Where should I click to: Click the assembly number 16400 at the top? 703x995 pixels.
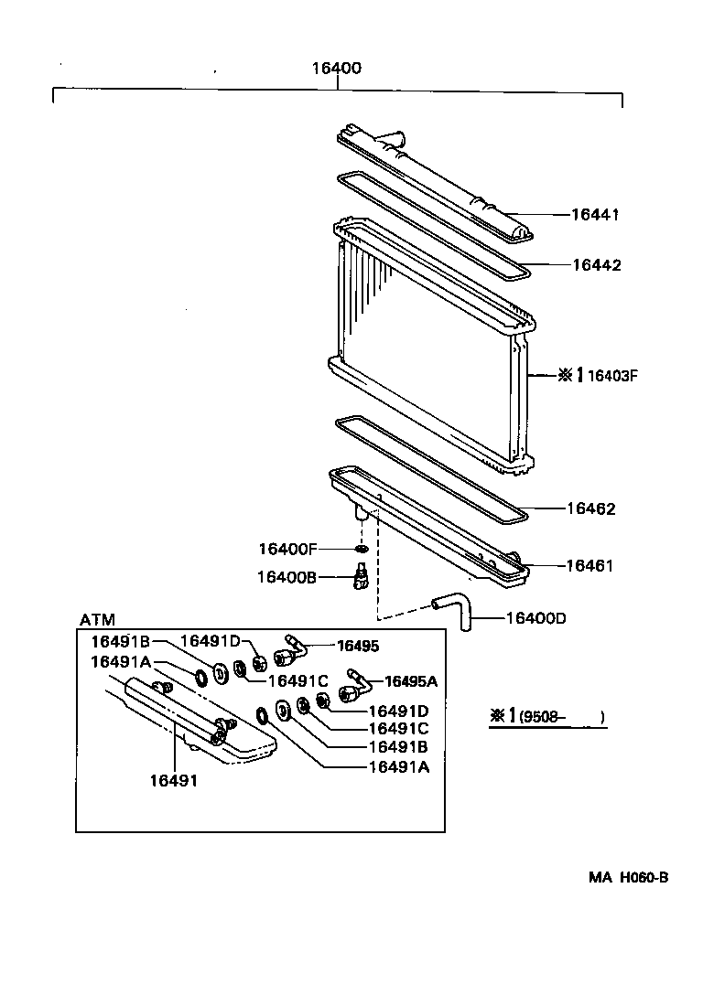point(336,69)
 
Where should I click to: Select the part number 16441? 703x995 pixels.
point(596,215)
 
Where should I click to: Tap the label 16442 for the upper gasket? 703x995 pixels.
point(596,265)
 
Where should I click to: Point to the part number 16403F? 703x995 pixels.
point(611,375)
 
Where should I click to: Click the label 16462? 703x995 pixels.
point(590,508)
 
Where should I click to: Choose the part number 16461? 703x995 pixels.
point(589,566)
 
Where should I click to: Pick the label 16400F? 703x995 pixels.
point(287,549)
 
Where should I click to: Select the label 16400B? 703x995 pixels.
point(287,577)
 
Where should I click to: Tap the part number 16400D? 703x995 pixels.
point(535,618)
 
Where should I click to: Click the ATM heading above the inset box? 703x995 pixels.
point(97,619)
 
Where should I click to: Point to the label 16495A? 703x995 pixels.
point(410,680)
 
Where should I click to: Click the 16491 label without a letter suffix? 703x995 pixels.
point(173,780)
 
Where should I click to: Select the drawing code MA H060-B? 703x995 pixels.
point(628,877)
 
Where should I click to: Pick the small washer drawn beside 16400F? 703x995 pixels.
point(361,549)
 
